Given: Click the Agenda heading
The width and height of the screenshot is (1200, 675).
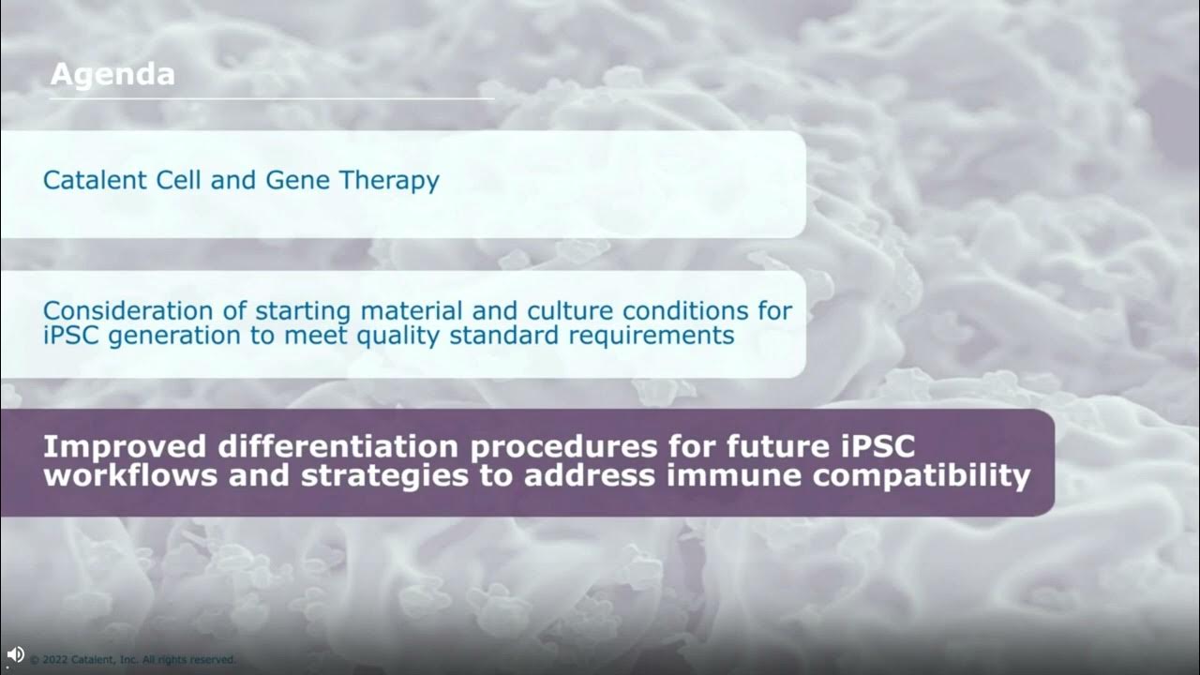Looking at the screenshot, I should click(112, 74).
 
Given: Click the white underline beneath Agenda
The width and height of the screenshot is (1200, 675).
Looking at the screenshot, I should click(272, 97).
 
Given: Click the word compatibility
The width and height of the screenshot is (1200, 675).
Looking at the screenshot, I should click(922, 475).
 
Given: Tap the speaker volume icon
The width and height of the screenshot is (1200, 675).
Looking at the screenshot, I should click(15, 654).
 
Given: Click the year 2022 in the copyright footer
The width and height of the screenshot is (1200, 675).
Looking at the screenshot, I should click(55, 660).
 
